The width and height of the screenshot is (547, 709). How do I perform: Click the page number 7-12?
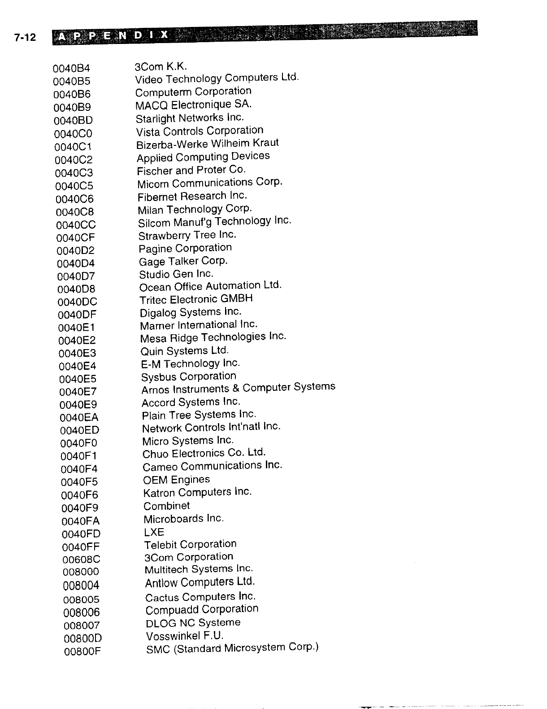click(25, 38)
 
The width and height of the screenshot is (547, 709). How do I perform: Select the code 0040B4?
click(71, 68)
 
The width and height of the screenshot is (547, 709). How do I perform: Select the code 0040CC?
click(76, 225)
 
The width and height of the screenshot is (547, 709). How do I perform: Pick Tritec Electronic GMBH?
click(196, 299)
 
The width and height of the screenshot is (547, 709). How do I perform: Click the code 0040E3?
click(77, 353)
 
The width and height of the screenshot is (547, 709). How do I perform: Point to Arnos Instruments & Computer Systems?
click(238, 388)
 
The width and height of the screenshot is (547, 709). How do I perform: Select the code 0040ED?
click(79, 431)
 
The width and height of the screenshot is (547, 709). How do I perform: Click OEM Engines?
click(176, 480)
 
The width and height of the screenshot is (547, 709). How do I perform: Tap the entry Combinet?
click(166, 506)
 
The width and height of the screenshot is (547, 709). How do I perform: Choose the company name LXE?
click(154, 532)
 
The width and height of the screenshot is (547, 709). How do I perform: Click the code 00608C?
click(82, 560)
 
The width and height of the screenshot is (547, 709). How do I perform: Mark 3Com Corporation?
click(189, 557)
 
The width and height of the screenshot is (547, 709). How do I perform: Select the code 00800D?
click(83, 638)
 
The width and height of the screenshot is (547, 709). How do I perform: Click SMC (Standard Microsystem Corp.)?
click(232, 648)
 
